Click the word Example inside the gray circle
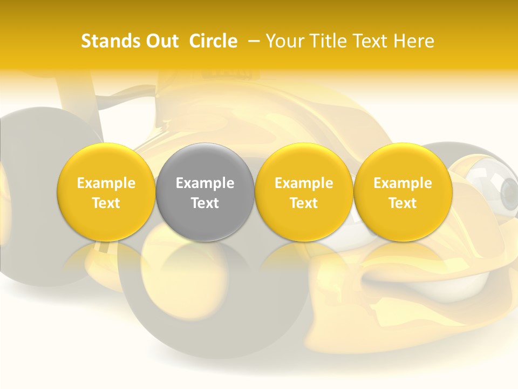pos(205,183)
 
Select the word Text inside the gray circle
pos(205,203)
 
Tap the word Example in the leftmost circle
pos(106,183)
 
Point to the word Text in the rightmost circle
pos(403,203)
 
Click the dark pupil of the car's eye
pos(509,189)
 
